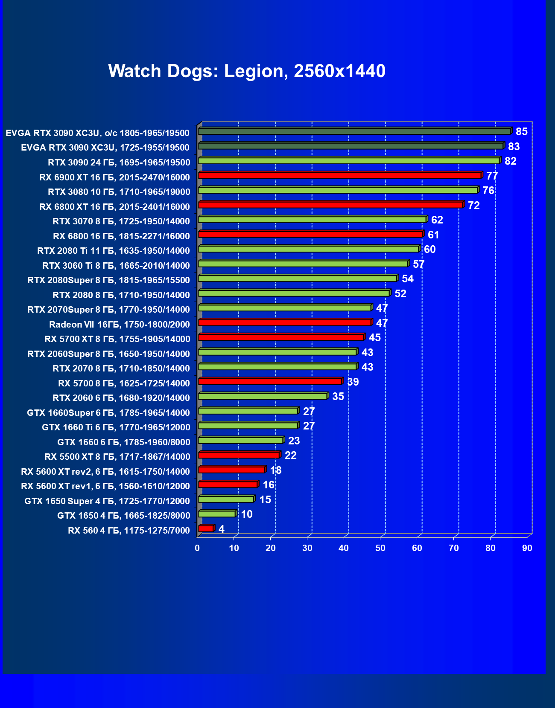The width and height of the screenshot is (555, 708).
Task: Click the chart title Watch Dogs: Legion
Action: [247, 71]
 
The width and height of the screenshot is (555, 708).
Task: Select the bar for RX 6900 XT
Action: [339, 175]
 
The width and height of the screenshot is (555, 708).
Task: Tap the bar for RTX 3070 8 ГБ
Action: [312, 220]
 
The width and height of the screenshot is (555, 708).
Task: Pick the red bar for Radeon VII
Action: [285, 322]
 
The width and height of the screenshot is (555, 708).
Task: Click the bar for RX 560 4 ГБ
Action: [206, 528]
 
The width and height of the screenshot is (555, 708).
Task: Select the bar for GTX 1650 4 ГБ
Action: [217, 514]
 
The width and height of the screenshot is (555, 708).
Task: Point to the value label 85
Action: [521, 131]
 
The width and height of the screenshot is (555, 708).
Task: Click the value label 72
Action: [473, 205]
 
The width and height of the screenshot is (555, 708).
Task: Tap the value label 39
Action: [353, 382]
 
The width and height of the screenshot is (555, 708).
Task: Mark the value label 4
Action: [221, 529]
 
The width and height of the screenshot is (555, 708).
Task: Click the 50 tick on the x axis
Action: [380, 548]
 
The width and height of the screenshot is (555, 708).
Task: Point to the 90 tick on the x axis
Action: [527, 548]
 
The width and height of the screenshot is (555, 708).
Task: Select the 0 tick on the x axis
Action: [197, 548]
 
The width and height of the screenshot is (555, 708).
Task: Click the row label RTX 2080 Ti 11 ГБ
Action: [114, 251]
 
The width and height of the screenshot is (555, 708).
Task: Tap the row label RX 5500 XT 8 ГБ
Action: [117, 457]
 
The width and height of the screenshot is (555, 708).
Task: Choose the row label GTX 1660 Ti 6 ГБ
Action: [116, 427]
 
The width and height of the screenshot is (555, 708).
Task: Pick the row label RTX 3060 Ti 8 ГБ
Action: [116, 266]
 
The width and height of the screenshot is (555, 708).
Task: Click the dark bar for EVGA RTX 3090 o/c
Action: [354, 131]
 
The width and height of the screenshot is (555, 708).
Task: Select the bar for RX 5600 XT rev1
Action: [228, 485]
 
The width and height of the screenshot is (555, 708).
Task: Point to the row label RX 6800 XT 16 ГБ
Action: [114, 207]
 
